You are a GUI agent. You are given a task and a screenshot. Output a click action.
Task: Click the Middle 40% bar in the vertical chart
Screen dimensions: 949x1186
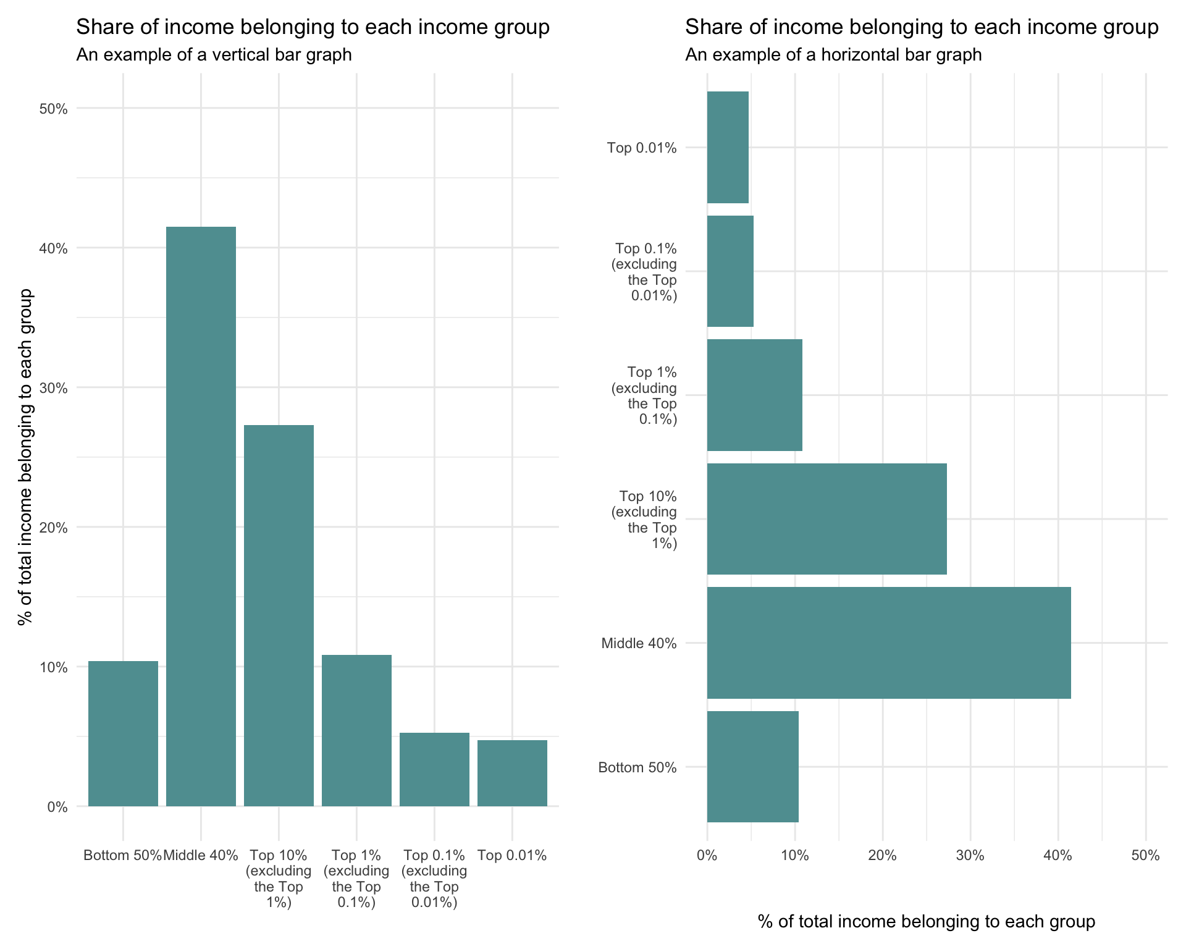point(201,516)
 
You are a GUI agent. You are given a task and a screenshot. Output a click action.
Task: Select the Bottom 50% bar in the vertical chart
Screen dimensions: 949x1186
point(123,733)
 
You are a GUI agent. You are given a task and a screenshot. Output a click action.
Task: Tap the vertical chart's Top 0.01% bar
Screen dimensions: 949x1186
point(512,773)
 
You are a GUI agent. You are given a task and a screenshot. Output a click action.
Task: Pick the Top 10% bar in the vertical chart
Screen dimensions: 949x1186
point(279,615)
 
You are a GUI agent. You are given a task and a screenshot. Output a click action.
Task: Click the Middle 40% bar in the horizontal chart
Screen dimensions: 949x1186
point(888,643)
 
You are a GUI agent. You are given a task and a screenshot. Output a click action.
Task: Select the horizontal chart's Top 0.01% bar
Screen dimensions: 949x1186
point(728,147)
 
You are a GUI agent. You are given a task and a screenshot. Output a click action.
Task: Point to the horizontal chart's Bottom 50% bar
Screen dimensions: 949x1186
point(752,767)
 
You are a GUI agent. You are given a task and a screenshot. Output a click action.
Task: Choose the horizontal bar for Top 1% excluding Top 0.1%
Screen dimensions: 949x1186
point(754,395)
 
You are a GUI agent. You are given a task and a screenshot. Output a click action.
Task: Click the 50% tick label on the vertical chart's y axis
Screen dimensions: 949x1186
point(53,109)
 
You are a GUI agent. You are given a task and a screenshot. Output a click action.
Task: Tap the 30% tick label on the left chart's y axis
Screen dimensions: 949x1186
point(53,389)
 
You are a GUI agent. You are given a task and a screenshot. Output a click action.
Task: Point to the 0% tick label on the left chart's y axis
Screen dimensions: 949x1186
point(57,807)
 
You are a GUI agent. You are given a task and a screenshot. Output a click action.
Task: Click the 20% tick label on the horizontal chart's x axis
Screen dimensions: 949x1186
point(882,856)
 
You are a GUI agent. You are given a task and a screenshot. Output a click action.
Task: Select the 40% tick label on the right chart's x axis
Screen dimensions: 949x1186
point(1058,856)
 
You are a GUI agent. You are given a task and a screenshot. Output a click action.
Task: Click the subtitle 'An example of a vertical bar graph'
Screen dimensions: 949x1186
point(214,55)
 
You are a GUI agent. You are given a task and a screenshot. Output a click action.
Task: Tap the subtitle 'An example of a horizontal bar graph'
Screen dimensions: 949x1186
point(833,55)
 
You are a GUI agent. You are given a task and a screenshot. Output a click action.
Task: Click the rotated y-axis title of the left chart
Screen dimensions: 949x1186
point(25,457)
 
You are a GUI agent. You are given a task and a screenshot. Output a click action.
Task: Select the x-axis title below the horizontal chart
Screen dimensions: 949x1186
point(926,922)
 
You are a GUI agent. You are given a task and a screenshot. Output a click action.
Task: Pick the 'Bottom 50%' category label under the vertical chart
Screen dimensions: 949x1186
point(122,856)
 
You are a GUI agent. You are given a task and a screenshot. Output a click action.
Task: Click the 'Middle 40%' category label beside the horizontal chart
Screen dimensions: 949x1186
point(639,644)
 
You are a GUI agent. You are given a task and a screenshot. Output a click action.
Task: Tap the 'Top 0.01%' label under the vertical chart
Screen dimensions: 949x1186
point(512,856)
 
